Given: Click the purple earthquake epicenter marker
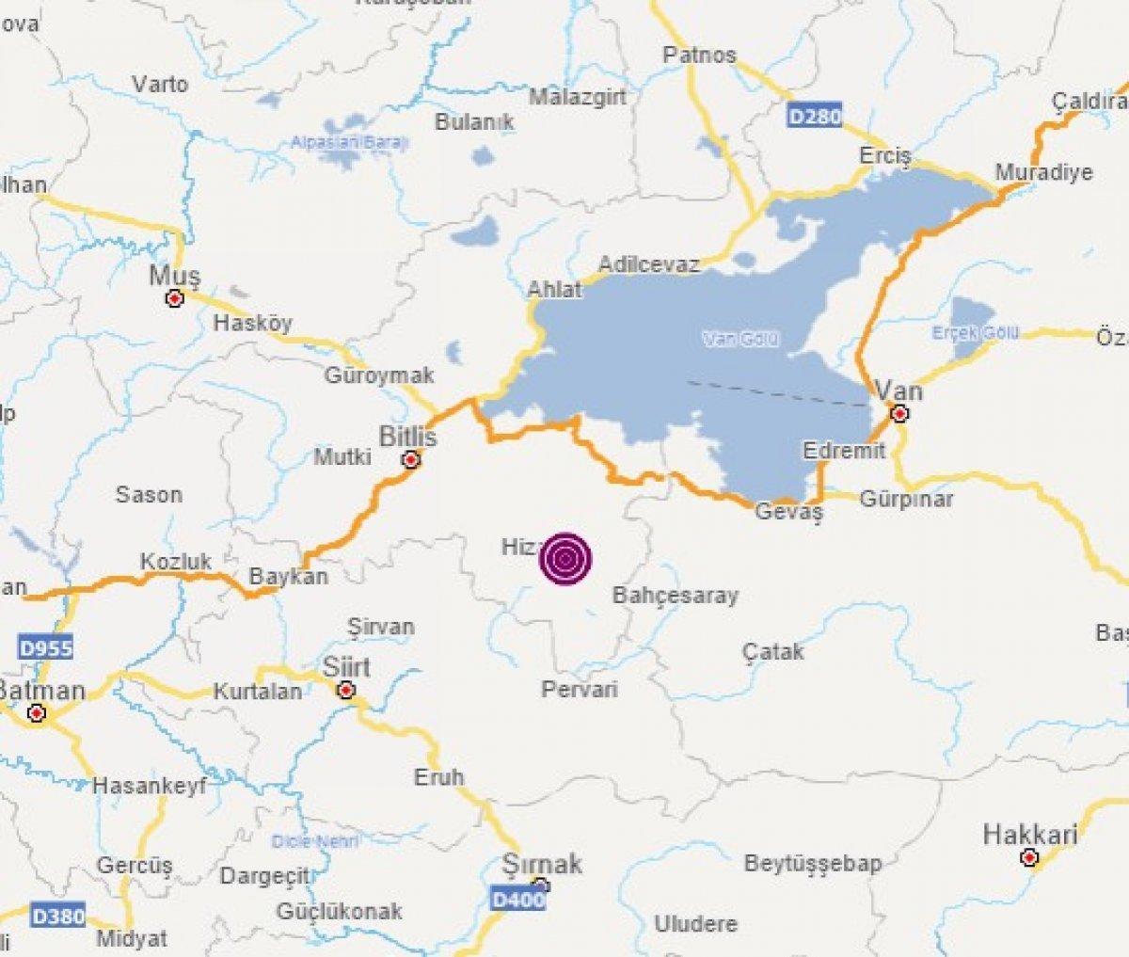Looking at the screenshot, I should coord(565,560).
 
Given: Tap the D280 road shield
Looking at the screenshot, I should coord(815,117).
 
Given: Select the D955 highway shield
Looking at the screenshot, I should coord(45,647).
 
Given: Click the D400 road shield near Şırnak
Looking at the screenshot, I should coord(518,900).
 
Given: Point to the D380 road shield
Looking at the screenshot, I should coord(58,915).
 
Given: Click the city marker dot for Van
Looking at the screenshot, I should coord(900,414).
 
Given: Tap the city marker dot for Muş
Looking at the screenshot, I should coord(174,299).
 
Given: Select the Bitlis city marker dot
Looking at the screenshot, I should coord(410,460).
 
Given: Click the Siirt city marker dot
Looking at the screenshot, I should coord(346,691).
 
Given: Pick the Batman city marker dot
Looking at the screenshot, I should coord(37,714).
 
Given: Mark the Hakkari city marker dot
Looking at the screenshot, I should coord(1029,858).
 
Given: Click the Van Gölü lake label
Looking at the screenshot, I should coord(741,340).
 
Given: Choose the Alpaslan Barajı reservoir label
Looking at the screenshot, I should coord(349,143).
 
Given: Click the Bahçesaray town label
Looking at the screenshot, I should coord(676,595).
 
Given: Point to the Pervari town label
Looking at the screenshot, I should coord(580,690).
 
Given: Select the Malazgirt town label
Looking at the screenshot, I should coord(577,97).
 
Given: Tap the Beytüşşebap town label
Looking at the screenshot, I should coord(813,863).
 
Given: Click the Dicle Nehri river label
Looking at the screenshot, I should coord(315,840).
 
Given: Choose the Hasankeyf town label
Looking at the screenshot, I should coord(150,786).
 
